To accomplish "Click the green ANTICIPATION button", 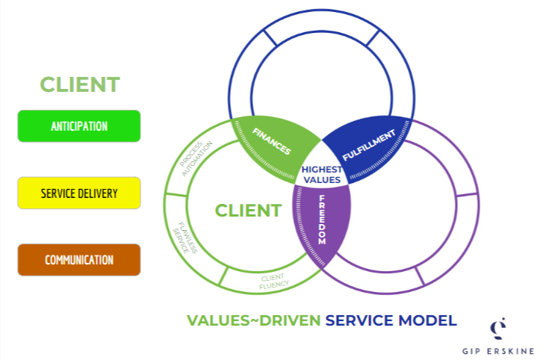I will pos(79,125).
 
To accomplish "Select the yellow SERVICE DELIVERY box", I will pos(79,193).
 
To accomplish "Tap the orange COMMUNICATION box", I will pos(79,260).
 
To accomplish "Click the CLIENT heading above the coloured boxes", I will pos(80,84).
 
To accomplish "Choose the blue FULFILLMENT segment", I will pos(368,146).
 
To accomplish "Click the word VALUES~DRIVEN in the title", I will pos(254,321).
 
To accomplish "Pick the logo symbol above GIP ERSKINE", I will pos(497,328).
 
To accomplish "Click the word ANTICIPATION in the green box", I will pos(79,126).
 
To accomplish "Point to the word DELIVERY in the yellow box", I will pos(99,193).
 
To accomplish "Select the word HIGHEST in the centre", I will pos(321,170).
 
